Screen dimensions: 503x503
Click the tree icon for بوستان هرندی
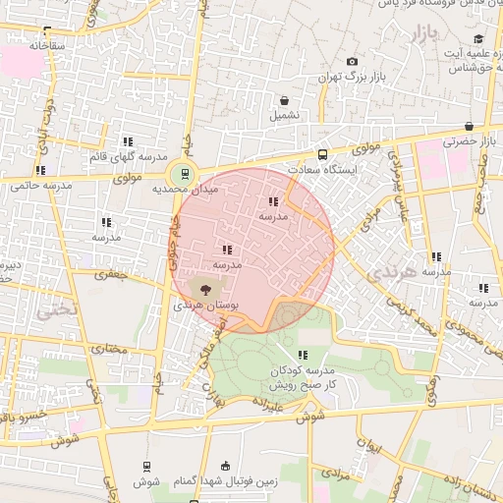204,289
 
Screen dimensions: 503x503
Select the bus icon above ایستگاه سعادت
322,154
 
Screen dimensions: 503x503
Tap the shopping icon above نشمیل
285,100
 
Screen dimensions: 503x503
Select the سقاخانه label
46,45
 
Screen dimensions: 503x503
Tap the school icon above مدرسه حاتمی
40,171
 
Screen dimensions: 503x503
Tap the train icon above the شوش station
145,467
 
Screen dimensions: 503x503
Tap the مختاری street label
111,349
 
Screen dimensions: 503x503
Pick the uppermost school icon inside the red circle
273,201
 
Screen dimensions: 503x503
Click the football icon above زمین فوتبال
228,467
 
